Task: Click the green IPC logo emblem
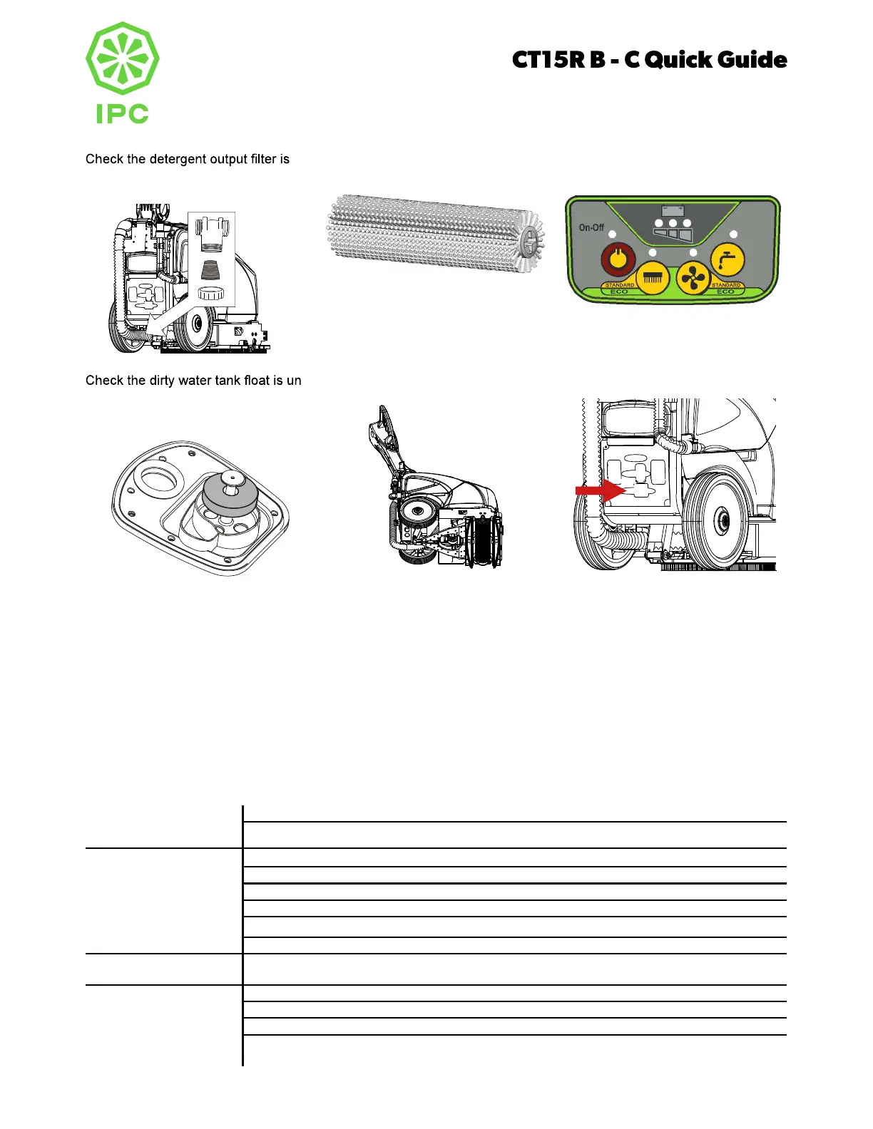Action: [x=122, y=58]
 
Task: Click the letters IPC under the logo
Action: [x=122, y=113]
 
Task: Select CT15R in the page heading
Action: [x=548, y=60]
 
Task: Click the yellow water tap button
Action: [x=727, y=259]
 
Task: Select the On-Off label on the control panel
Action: [x=591, y=227]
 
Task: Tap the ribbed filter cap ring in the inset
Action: [x=211, y=293]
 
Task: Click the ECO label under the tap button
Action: [x=725, y=292]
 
